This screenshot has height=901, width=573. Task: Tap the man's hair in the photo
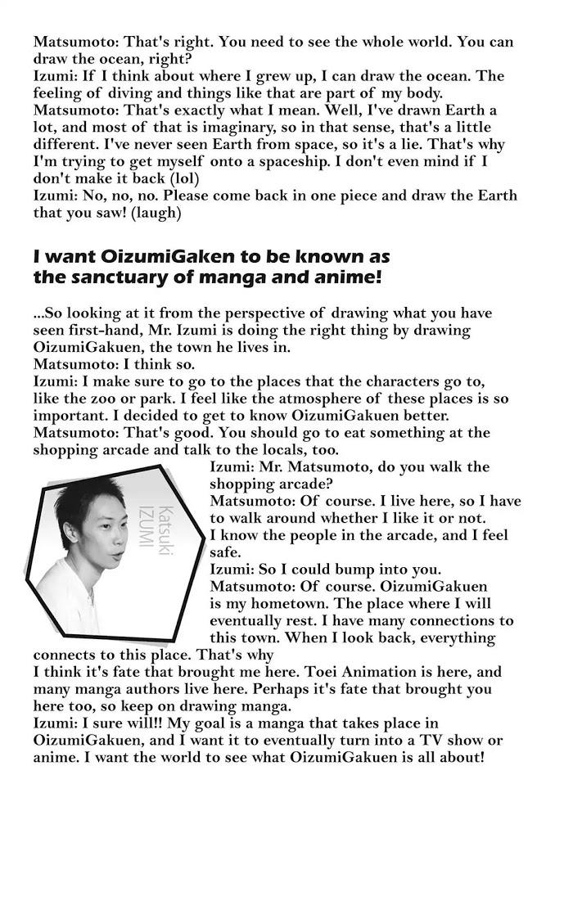click(x=82, y=501)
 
